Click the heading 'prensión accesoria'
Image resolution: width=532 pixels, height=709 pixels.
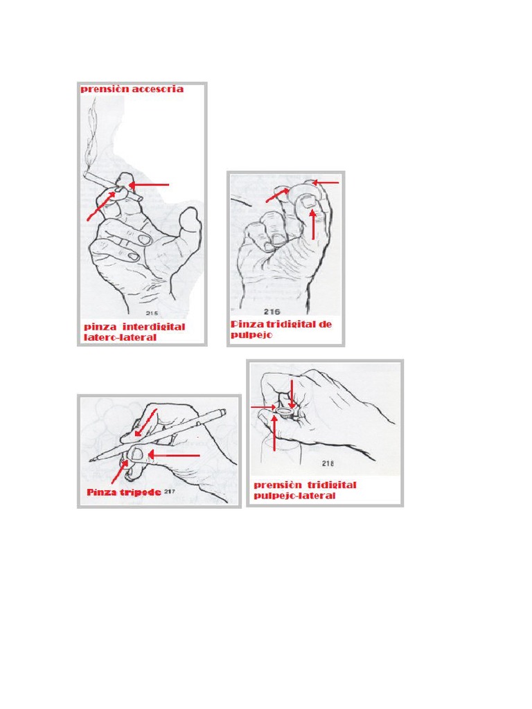coord(132,89)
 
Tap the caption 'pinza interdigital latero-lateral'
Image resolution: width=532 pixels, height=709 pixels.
coord(134,332)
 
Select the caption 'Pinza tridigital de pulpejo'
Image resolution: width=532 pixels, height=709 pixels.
coord(281,329)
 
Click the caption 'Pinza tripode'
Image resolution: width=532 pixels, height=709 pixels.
coord(123,492)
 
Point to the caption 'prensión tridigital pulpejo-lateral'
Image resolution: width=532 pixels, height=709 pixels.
coord(305,490)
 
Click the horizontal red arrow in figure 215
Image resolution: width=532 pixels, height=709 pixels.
coord(150,185)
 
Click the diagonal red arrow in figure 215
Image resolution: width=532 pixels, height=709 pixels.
coord(101,206)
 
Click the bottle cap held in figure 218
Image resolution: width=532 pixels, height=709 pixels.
coord(285,412)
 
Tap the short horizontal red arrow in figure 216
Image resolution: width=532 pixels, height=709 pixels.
coord(327,183)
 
